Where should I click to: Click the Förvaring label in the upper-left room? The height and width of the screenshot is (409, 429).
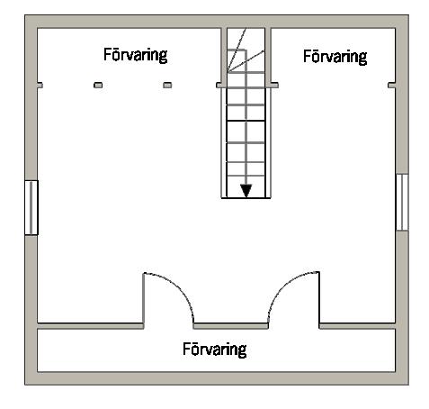tap(135, 55)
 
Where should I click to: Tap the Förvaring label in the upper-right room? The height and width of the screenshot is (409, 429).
tap(335, 57)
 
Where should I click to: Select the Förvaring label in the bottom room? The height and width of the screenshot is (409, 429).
tap(215, 350)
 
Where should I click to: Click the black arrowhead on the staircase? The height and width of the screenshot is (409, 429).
tap(246, 191)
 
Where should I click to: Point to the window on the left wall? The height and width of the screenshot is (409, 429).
tap(31, 207)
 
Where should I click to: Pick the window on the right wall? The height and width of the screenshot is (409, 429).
tap(402, 203)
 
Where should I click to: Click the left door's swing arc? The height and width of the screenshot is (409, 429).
tap(177, 287)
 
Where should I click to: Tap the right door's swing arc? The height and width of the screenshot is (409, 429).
tap(285, 287)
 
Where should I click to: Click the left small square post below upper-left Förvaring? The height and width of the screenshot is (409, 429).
tap(98, 86)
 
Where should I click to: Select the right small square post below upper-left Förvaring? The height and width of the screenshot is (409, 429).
tap(167, 86)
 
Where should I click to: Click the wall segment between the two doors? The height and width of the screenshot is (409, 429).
tap(230, 326)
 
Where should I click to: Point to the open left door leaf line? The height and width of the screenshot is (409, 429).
tap(143, 298)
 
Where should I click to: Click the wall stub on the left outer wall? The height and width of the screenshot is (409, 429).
tap(40, 86)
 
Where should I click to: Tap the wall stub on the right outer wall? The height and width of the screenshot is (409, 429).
tap(392, 86)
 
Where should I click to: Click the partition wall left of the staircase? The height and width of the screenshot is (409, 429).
tap(224, 57)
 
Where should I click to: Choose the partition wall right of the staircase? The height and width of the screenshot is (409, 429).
tap(268, 57)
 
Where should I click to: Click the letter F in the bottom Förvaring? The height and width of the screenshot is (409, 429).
tap(186, 349)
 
